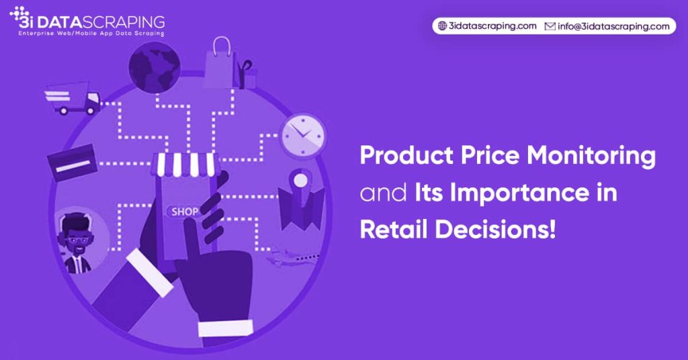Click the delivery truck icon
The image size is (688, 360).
(x=73, y=98)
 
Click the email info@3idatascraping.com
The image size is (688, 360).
(x=613, y=26)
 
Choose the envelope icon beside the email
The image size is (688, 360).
(x=550, y=26)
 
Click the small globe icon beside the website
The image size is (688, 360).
(x=442, y=26)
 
